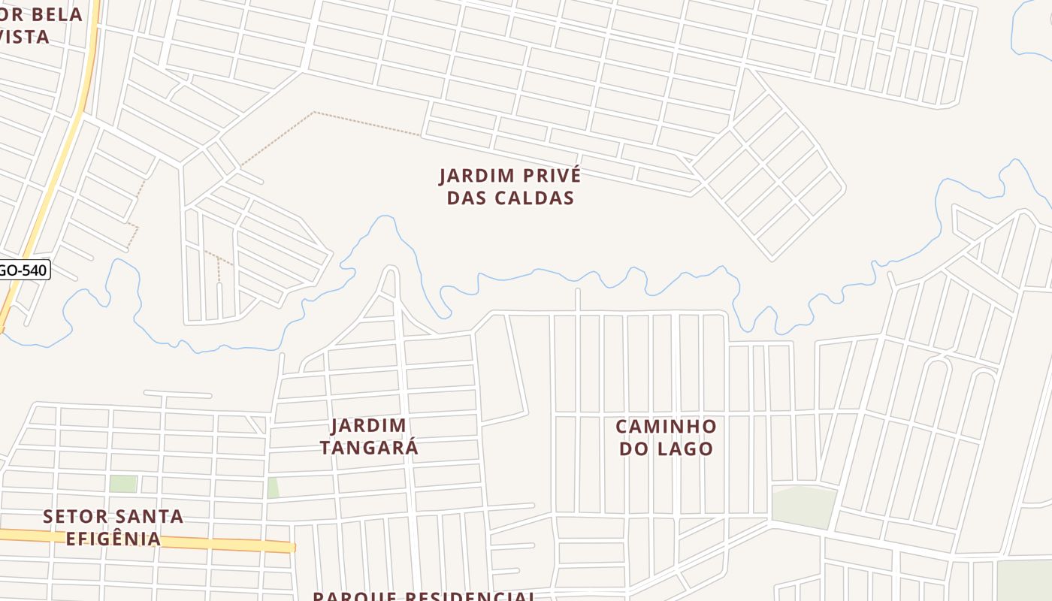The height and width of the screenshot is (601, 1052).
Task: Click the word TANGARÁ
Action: tap(369, 448)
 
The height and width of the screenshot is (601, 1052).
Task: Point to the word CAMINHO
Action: tap(666, 427)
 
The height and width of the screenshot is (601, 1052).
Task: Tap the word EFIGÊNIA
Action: tap(113, 539)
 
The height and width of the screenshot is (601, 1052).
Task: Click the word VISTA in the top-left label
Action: tap(24, 36)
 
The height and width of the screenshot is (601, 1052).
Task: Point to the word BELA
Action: tap(54, 14)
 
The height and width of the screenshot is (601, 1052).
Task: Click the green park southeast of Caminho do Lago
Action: tap(803, 505)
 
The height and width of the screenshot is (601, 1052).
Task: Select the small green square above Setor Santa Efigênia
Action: tap(123, 484)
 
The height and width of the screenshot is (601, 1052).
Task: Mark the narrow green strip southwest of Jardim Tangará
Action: tap(273, 488)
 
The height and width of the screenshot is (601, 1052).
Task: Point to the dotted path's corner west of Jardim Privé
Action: tap(314, 113)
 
